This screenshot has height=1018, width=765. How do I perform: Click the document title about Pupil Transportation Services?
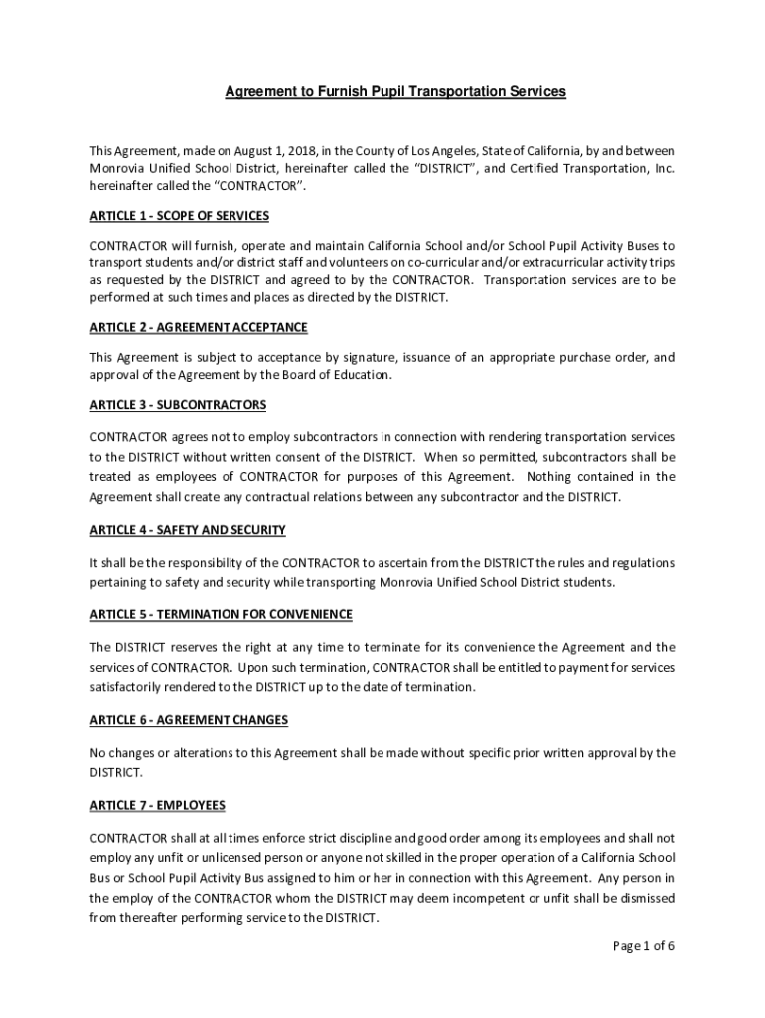tap(394, 91)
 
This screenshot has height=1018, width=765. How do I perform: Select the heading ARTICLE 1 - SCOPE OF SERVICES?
tap(179, 216)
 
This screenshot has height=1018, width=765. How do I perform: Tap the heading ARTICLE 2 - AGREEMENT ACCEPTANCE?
tap(199, 327)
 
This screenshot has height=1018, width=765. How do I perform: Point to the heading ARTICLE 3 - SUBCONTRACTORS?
tap(178, 405)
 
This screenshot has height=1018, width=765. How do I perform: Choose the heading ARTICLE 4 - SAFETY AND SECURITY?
tap(188, 531)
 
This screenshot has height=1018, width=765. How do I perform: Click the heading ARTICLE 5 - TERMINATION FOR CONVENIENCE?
tap(221, 614)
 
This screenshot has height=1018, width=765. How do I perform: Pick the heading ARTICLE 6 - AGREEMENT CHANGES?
tap(189, 720)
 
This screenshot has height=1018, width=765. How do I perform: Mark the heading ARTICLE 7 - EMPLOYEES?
tap(157, 804)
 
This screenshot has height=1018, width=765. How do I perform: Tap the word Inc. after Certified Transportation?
tap(665, 168)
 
